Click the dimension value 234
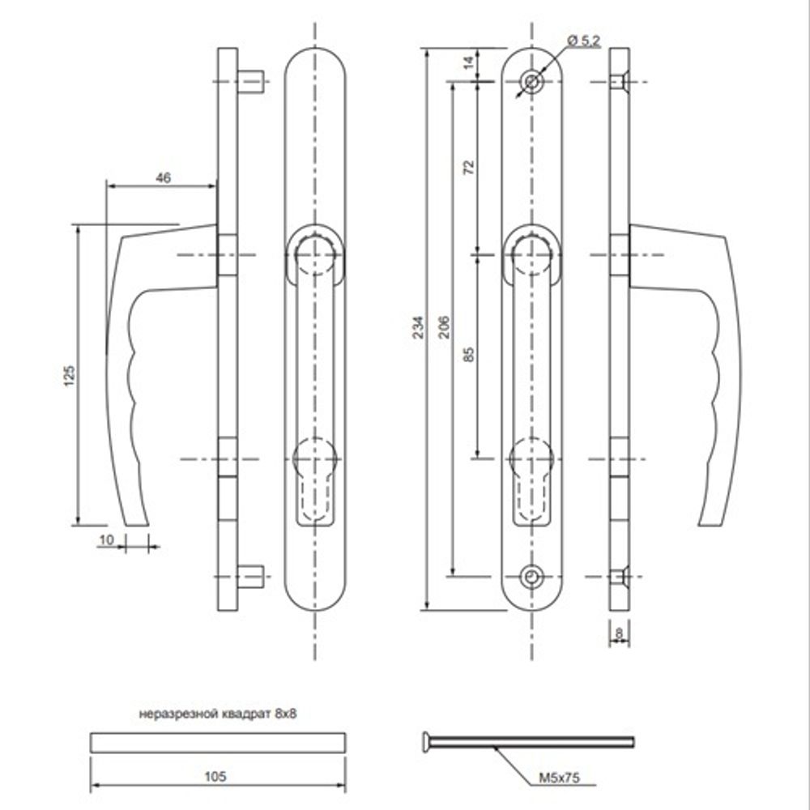418,326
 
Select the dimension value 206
442,326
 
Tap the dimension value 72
468,168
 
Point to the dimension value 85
468,353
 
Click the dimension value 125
69,373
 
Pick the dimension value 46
163,178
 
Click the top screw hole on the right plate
532,83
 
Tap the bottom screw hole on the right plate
531,576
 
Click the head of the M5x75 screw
425,740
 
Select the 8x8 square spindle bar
217,742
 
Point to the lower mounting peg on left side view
251,576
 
